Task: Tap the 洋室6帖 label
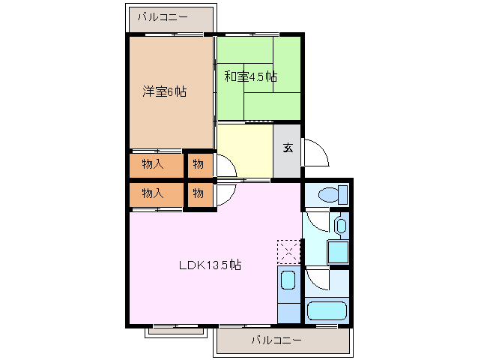point(165,92)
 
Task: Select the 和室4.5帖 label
point(251,76)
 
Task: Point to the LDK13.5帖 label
point(209,265)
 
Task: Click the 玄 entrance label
point(288,148)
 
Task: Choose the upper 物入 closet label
point(153,163)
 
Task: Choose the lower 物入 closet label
point(153,193)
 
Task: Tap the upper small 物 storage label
point(198,163)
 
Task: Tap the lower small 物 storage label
point(198,193)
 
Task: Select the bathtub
point(326,310)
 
